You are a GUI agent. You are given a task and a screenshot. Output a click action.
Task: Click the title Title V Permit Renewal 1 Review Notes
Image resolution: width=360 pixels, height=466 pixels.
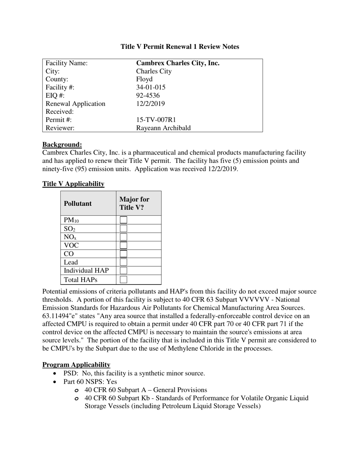point(180,47)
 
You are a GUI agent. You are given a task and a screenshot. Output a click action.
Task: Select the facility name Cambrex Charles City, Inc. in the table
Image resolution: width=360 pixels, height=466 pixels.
point(177,63)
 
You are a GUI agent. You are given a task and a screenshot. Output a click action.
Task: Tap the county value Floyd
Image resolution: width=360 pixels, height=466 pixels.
point(144,79)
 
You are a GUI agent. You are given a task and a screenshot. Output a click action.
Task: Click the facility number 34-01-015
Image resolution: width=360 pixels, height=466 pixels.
point(150,87)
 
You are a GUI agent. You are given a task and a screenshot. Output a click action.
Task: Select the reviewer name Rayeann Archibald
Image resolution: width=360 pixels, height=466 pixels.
point(163,128)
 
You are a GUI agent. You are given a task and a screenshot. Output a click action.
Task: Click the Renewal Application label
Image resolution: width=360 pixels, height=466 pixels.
point(75,104)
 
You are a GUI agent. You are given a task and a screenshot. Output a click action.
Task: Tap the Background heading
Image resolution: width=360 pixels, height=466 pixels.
point(62,144)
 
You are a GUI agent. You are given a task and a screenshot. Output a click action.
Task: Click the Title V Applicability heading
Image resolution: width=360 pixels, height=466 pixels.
point(73,184)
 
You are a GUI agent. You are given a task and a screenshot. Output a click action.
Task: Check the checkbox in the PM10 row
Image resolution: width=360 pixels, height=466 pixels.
point(124,220)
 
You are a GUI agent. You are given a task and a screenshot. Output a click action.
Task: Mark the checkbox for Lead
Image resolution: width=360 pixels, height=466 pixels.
point(124,262)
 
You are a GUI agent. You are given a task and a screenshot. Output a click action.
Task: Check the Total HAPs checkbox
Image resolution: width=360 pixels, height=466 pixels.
point(124,280)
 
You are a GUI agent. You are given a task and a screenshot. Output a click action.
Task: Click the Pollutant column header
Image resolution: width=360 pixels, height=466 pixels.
point(78,203)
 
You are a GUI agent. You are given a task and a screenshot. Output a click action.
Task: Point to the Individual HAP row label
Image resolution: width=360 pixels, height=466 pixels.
point(86,271)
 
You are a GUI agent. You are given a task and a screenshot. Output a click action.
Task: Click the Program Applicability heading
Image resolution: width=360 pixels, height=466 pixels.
point(76,365)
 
